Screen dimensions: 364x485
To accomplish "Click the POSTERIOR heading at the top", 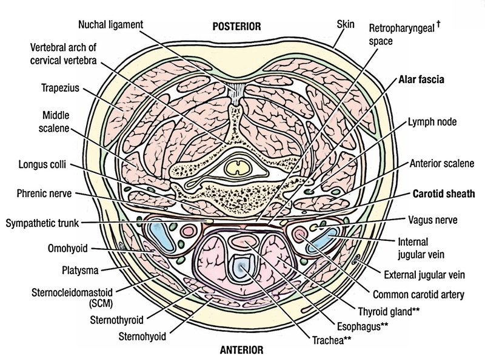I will [236, 26].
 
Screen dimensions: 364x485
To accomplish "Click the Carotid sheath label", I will [443, 195].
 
